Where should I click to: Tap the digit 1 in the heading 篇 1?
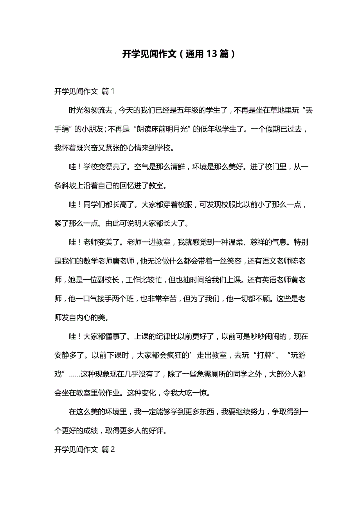(x=113, y=91)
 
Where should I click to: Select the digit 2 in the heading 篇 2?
(x=113, y=450)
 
